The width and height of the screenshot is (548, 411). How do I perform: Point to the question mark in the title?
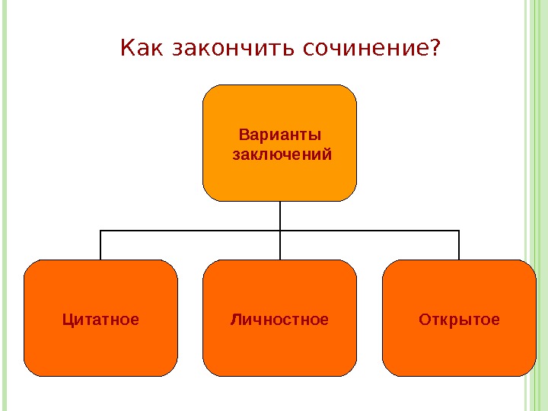pyautogui.click(x=435, y=49)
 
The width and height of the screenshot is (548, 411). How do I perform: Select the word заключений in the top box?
pyautogui.click(x=280, y=155)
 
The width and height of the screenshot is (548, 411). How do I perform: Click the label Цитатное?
pyautogui.click(x=100, y=320)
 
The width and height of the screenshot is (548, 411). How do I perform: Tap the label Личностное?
pyautogui.click(x=279, y=320)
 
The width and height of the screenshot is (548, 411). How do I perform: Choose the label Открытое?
pyautogui.click(x=459, y=320)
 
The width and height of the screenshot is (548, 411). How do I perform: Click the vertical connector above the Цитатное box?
pyautogui.click(x=100, y=245)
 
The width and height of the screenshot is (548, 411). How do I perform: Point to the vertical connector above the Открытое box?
pyautogui.click(x=459, y=245)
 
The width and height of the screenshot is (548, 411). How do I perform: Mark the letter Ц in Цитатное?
pyautogui.click(x=67, y=320)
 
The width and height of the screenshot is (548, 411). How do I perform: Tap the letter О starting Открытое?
pyautogui.click(x=424, y=320)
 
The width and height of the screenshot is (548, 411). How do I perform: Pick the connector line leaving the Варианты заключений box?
pyautogui.click(x=280, y=215)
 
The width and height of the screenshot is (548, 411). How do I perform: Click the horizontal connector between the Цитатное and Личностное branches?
pyautogui.click(x=190, y=230)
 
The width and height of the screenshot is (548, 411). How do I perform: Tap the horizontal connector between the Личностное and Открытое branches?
pyautogui.click(x=370, y=230)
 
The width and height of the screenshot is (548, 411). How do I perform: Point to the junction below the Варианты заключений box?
pyautogui.click(x=280, y=230)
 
